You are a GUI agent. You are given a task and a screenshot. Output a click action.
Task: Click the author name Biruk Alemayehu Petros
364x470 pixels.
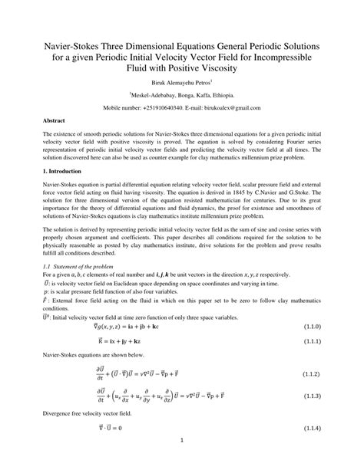[180, 79]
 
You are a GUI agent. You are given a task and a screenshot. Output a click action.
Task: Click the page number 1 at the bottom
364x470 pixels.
[182, 462]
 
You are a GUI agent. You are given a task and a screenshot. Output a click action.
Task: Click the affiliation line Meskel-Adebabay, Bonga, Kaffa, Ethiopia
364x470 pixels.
[182, 94]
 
